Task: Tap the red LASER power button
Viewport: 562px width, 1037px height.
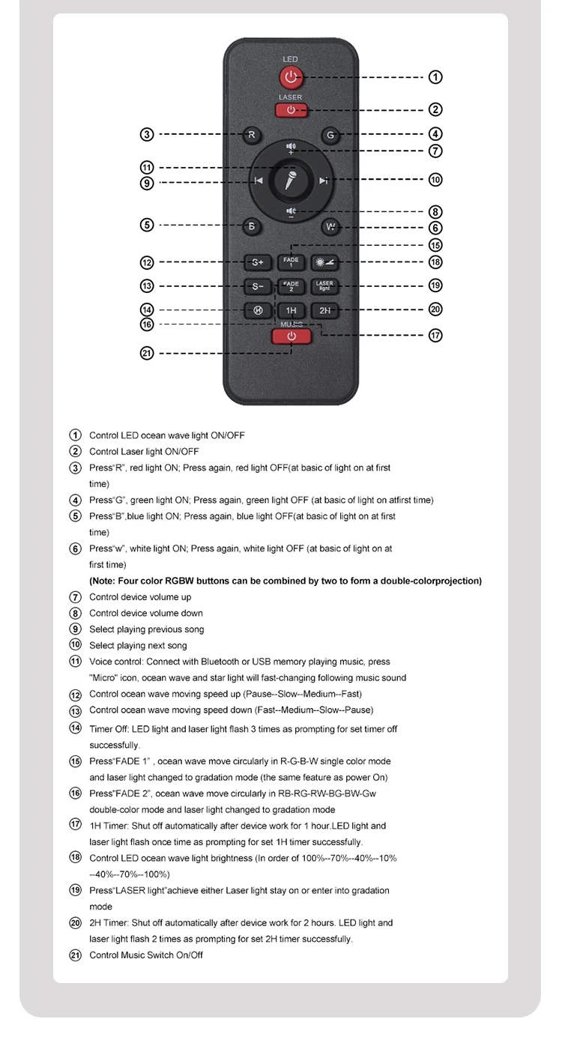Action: tap(291, 110)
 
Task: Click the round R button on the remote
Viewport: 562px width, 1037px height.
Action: tap(252, 136)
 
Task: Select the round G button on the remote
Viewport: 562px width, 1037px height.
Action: tap(330, 136)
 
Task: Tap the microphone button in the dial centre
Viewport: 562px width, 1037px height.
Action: tap(291, 181)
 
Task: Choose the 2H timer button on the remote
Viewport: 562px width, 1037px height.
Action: tap(324, 310)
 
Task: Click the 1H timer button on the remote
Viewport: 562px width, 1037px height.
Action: tap(291, 310)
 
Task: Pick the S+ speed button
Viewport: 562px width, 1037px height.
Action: tap(257, 262)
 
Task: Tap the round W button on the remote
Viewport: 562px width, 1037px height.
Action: tap(330, 226)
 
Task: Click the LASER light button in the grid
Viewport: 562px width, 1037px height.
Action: tap(324, 285)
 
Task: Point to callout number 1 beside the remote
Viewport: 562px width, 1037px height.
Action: tap(435, 77)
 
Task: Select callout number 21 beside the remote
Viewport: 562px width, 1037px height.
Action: tap(147, 353)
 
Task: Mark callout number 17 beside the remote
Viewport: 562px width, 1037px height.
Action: tap(435, 335)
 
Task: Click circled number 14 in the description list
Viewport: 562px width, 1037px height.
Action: tap(75, 728)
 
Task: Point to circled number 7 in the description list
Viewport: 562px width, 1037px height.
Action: tap(75, 597)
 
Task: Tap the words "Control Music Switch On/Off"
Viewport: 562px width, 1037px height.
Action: tap(146, 955)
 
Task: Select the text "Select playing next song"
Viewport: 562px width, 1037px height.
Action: tap(138, 645)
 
